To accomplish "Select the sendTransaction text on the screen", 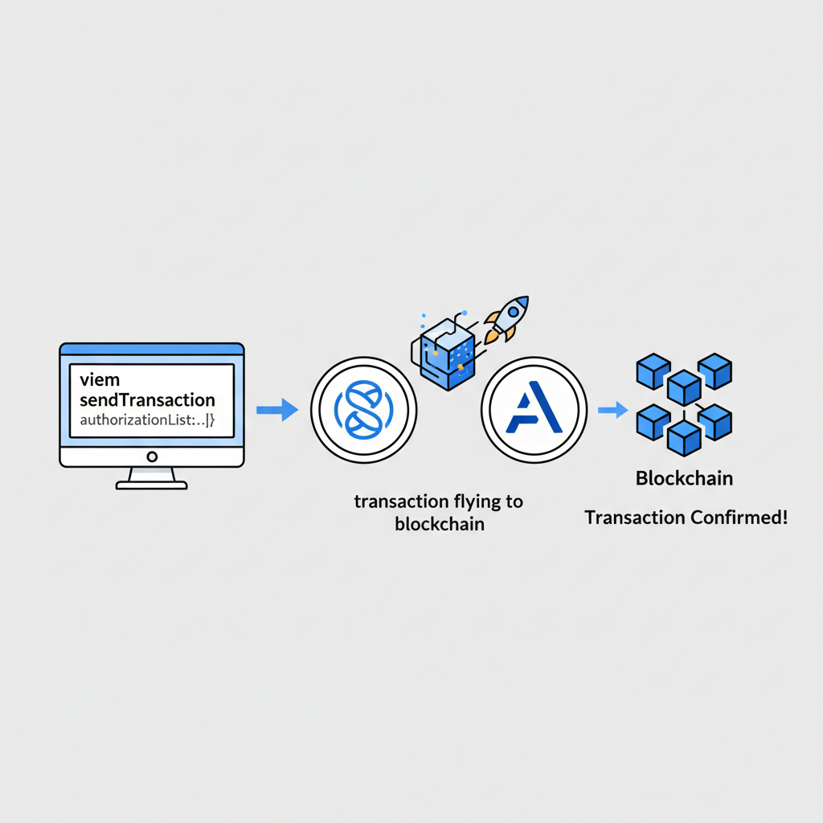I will (148, 399).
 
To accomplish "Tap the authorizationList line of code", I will (145, 419).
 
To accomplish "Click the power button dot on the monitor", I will (152, 457).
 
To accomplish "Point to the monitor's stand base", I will (152, 485).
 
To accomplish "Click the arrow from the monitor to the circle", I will (276, 411).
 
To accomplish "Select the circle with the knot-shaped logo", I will (363, 411).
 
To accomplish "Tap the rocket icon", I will (504, 318).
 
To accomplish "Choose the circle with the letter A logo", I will (534, 411).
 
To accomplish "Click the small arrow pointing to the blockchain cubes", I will (612, 411).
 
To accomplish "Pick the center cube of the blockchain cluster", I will (684, 387).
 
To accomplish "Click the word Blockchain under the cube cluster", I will (684, 479).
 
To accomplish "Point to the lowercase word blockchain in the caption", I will (438, 525).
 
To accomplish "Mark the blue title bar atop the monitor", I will (152, 349).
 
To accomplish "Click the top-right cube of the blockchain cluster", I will (714, 371).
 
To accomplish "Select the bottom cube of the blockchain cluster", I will (684, 438).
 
